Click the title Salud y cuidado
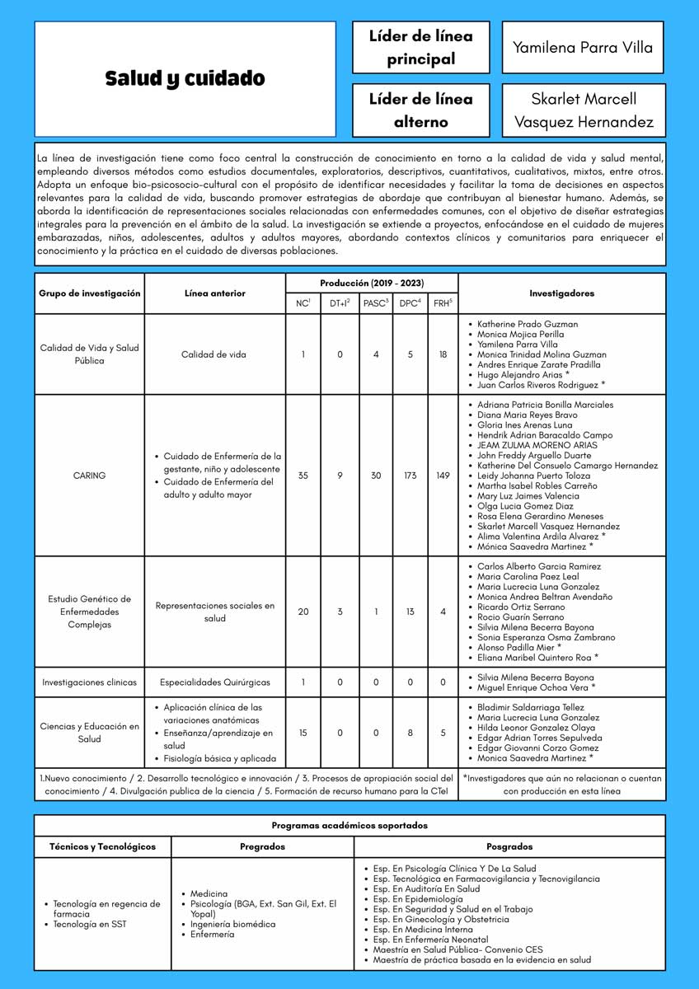coord(185,79)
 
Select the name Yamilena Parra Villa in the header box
coord(583,47)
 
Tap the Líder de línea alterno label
coord(420,110)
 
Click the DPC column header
coord(410,303)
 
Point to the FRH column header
coord(443,303)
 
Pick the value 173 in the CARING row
coord(410,476)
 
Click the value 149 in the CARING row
coord(443,476)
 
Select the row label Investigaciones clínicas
coord(89,682)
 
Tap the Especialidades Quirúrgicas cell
coord(214,682)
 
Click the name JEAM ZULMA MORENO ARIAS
coord(537,445)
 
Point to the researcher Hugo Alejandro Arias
coord(535,375)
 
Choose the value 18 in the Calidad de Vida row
coord(443,354)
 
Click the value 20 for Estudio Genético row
coord(303,612)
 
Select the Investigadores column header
coord(561,293)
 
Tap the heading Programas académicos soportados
coord(349,825)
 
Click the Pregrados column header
coord(262,846)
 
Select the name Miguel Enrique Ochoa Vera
coord(536,687)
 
